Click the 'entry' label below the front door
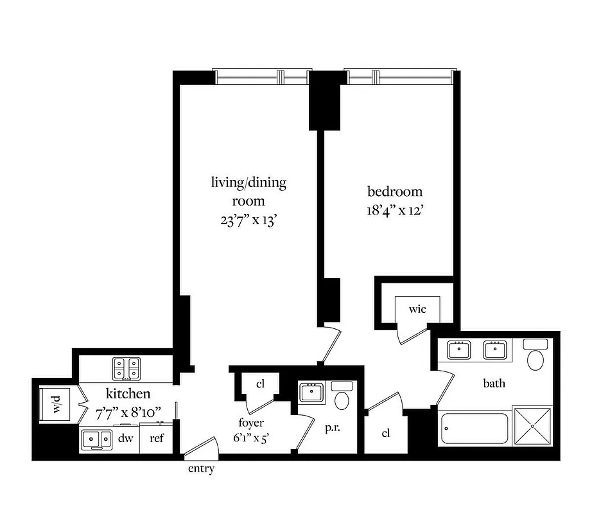click(x=201, y=469)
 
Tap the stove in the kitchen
click(x=126, y=369)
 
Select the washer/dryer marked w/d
click(x=56, y=405)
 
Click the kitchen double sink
click(x=96, y=439)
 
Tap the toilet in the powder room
click(x=342, y=398)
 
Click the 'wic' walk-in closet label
click(x=417, y=310)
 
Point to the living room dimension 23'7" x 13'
click(x=248, y=219)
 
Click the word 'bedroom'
click(x=395, y=191)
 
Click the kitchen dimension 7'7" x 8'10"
click(x=128, y=411)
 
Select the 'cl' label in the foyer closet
click(x=261, y=384)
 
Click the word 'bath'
click(x=494, y=384)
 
